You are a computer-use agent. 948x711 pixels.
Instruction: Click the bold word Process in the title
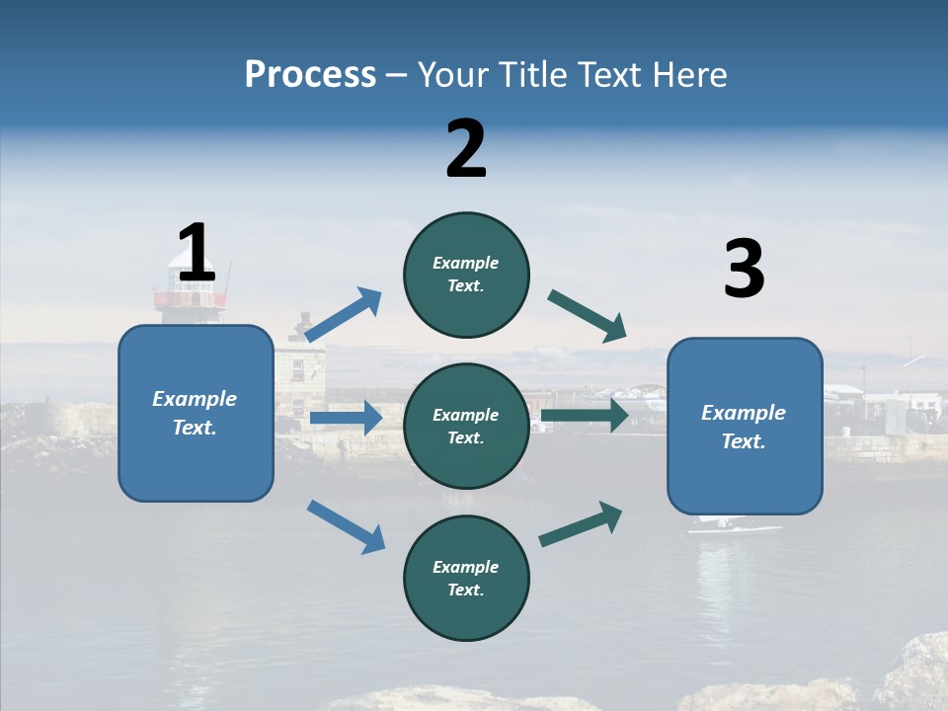310,75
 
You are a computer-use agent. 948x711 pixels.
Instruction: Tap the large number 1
197,253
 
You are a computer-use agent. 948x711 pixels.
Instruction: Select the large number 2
466,148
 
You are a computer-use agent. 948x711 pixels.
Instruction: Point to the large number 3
744,270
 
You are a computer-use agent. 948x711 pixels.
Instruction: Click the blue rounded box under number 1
196,413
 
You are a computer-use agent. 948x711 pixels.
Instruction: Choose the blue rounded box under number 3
745,426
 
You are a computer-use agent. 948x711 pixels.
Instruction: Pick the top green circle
466,275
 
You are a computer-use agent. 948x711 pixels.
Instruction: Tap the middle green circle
466,426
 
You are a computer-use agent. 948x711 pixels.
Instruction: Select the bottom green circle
466,578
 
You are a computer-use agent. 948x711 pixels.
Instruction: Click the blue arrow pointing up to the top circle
343,315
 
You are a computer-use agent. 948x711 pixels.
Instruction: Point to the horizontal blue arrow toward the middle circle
346,419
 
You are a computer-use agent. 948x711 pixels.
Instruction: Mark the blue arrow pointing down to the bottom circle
346,526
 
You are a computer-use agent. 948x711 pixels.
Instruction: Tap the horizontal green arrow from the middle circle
585,415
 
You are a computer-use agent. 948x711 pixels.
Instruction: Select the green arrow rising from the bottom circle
581,523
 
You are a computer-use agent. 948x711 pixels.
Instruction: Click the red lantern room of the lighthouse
190,298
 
